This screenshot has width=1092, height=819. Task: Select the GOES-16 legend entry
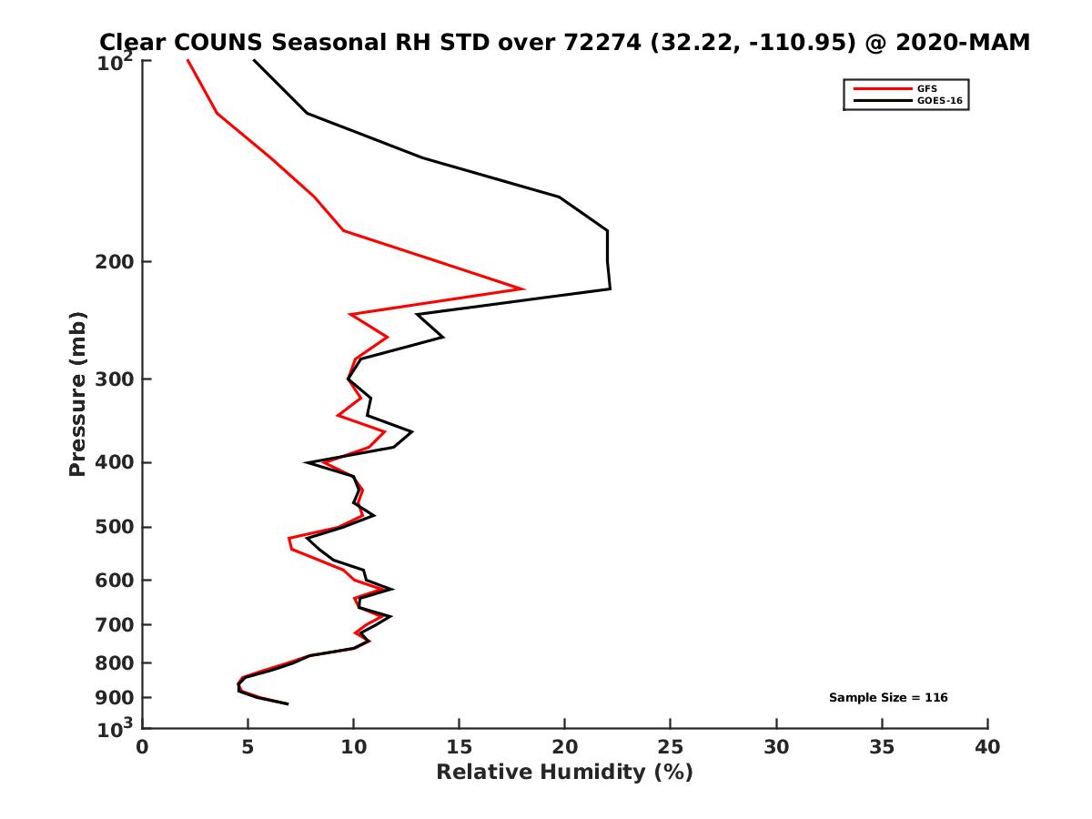coord(938,101)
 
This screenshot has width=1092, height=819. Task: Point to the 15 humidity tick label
coord(459,748)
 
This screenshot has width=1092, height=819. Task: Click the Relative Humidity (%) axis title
coord(564,773)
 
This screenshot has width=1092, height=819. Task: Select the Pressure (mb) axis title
coord(77,393)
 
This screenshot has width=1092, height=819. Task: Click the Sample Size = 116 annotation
coord(888,698)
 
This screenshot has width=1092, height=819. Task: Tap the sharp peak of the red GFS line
coord(522,288)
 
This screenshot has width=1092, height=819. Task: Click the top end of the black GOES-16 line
coord(253,60)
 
